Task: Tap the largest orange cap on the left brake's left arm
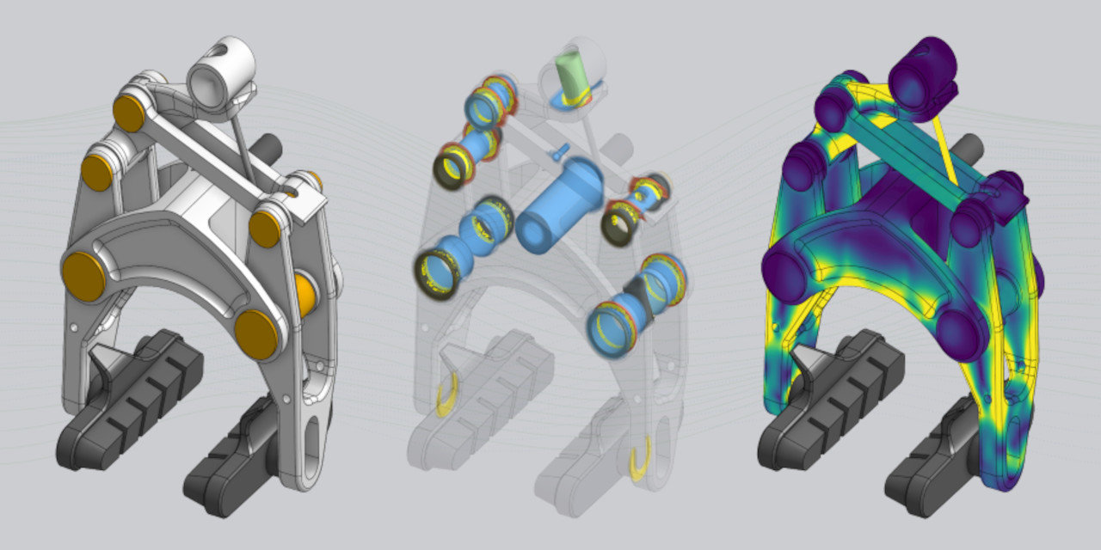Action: (83, 277)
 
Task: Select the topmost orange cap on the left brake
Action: (129, 113)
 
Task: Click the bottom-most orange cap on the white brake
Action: (256, 334)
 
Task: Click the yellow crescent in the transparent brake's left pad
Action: (448, 397)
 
